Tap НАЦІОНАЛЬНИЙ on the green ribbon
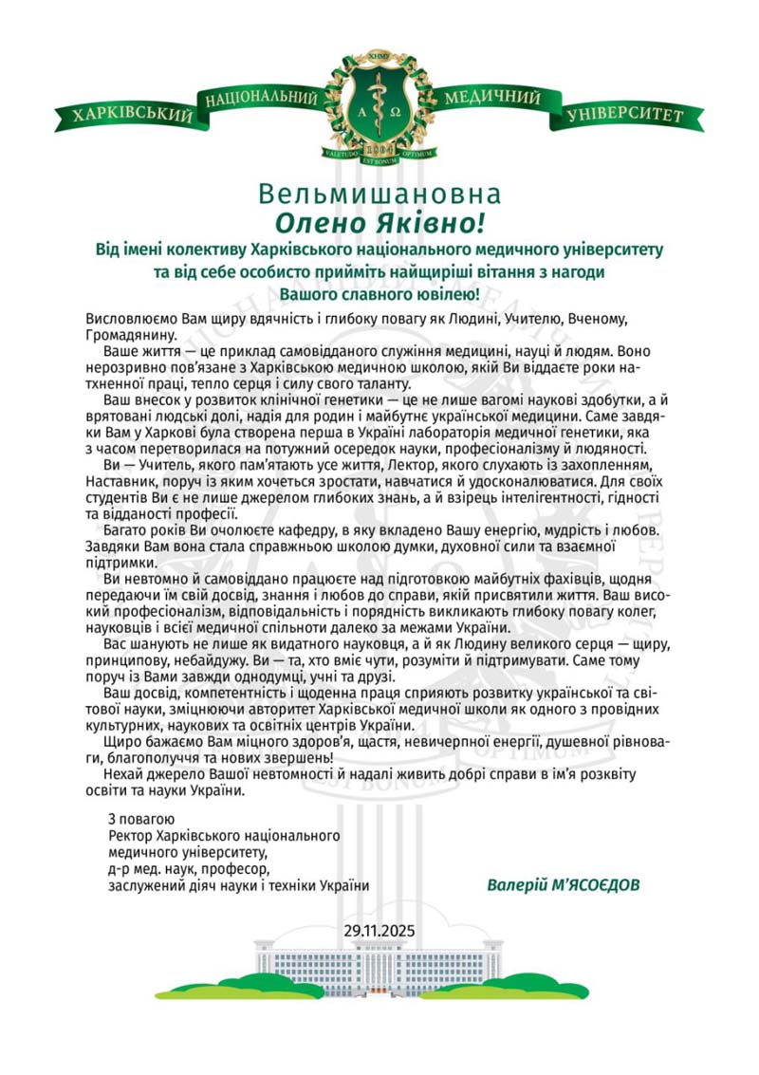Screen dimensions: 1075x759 click(259, 99)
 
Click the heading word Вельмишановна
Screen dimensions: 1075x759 click(379, 195)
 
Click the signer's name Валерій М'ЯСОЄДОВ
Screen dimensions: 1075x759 click(565, 885)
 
